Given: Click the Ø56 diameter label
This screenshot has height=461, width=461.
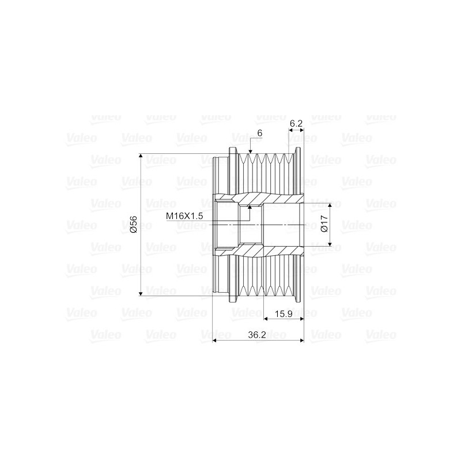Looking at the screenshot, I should click(133, 225).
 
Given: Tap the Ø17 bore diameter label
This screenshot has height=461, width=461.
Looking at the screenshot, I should click(324, 225).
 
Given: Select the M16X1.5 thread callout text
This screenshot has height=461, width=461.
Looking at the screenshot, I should click(186, 216).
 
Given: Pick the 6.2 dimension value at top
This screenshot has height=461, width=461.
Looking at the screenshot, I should click(296, 123).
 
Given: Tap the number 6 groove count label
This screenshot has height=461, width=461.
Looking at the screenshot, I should click(260, 133).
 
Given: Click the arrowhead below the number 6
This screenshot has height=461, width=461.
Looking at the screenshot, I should click(250, 151).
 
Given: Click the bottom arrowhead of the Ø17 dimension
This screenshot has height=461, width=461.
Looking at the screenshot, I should click(330, 244).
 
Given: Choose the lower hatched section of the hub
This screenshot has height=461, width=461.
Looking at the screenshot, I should click(259, 251).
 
